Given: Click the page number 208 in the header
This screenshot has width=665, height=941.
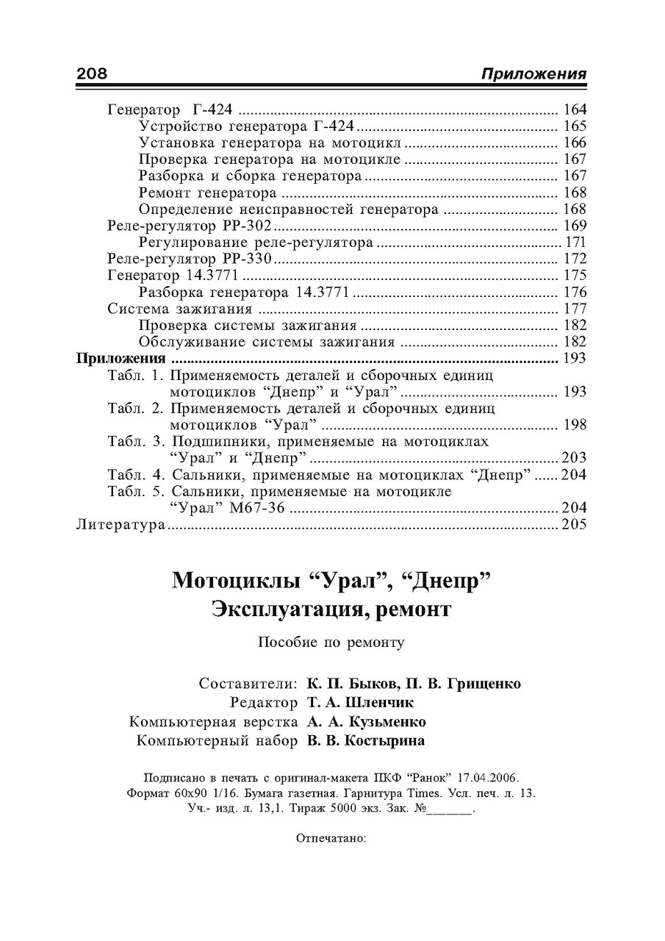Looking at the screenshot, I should tap(93, 74).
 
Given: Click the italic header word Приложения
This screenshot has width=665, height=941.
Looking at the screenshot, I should tap(533, 74).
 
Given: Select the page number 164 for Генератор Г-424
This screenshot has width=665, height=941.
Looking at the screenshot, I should tap(574, 110).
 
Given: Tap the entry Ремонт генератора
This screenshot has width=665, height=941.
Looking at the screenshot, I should tap(207, 193).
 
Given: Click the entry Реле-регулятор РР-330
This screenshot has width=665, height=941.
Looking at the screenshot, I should tap(190, 259).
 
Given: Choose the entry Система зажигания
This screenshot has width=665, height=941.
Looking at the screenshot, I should tap(180, 309).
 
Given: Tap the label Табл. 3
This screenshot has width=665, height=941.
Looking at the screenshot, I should tap(137, 441).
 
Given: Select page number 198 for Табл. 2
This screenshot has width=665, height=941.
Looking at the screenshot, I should tap(574, 425).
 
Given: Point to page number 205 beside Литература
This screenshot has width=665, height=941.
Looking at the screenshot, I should tap(574, 525).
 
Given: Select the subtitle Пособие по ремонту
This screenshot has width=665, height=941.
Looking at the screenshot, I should tap(331, 642).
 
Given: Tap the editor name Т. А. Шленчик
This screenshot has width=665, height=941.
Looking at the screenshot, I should tap(361, 703).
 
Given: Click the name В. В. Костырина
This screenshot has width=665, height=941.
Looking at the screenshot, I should tap(366, 741).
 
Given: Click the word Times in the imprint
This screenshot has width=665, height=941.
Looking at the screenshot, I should tap(425, 793).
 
